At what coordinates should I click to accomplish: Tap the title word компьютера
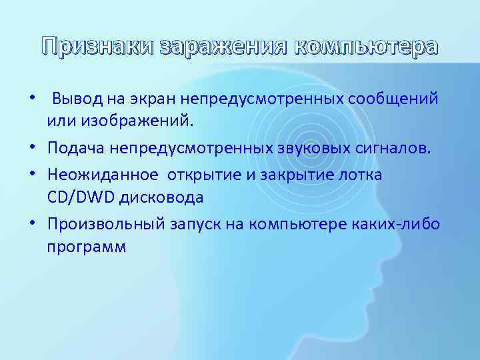tap(366, 47)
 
